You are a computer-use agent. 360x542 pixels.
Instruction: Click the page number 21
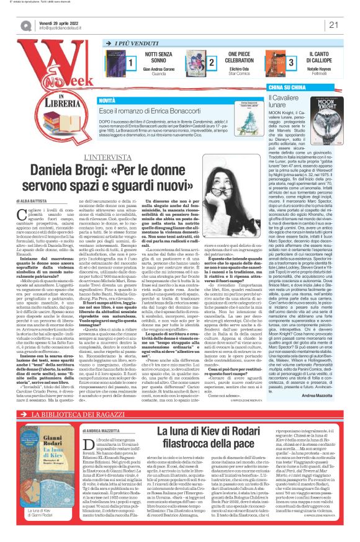pos(333,25)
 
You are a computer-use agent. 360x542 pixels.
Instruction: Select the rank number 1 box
pos(131,63)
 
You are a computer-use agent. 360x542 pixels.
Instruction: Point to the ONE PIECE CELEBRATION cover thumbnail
pos(209,63)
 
